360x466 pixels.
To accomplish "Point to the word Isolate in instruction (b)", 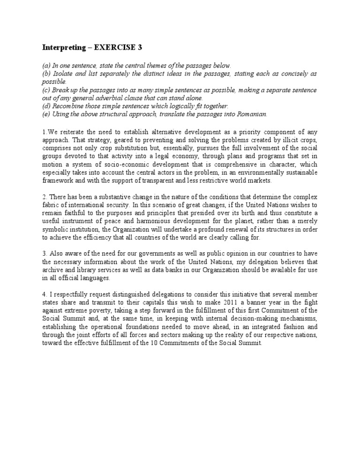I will [x=61, y=74].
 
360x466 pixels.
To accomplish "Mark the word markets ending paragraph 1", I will [x=269, y=180].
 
